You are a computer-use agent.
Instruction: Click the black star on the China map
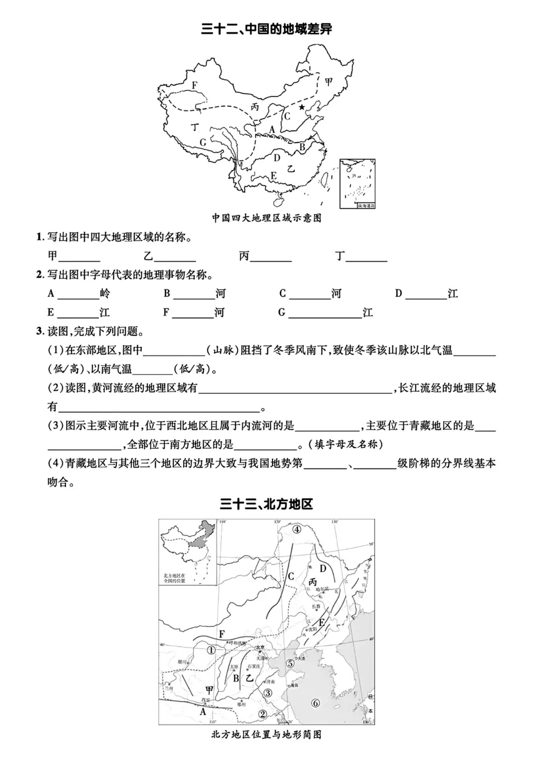point(301,107)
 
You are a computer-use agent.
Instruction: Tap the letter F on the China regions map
point(194,85)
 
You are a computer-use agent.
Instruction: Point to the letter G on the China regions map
point(203,142)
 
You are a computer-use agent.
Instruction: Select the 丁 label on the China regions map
point(194,127)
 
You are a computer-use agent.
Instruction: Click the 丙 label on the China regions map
point(255,107)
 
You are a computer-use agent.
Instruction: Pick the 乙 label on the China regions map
point(290,169)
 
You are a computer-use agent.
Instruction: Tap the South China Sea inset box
point(357,183)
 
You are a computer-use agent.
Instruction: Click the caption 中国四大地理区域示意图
point(267,218)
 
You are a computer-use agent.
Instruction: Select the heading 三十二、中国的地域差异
point(267,29)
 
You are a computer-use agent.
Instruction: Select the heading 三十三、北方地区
point(267,504)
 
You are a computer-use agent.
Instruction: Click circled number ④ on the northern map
point(297,529)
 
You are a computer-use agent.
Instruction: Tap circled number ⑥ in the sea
point(315,703)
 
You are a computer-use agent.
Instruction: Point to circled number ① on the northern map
point(211,650)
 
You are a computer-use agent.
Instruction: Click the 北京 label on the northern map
point(260,648)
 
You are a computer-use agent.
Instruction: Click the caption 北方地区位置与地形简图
point(267,735)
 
